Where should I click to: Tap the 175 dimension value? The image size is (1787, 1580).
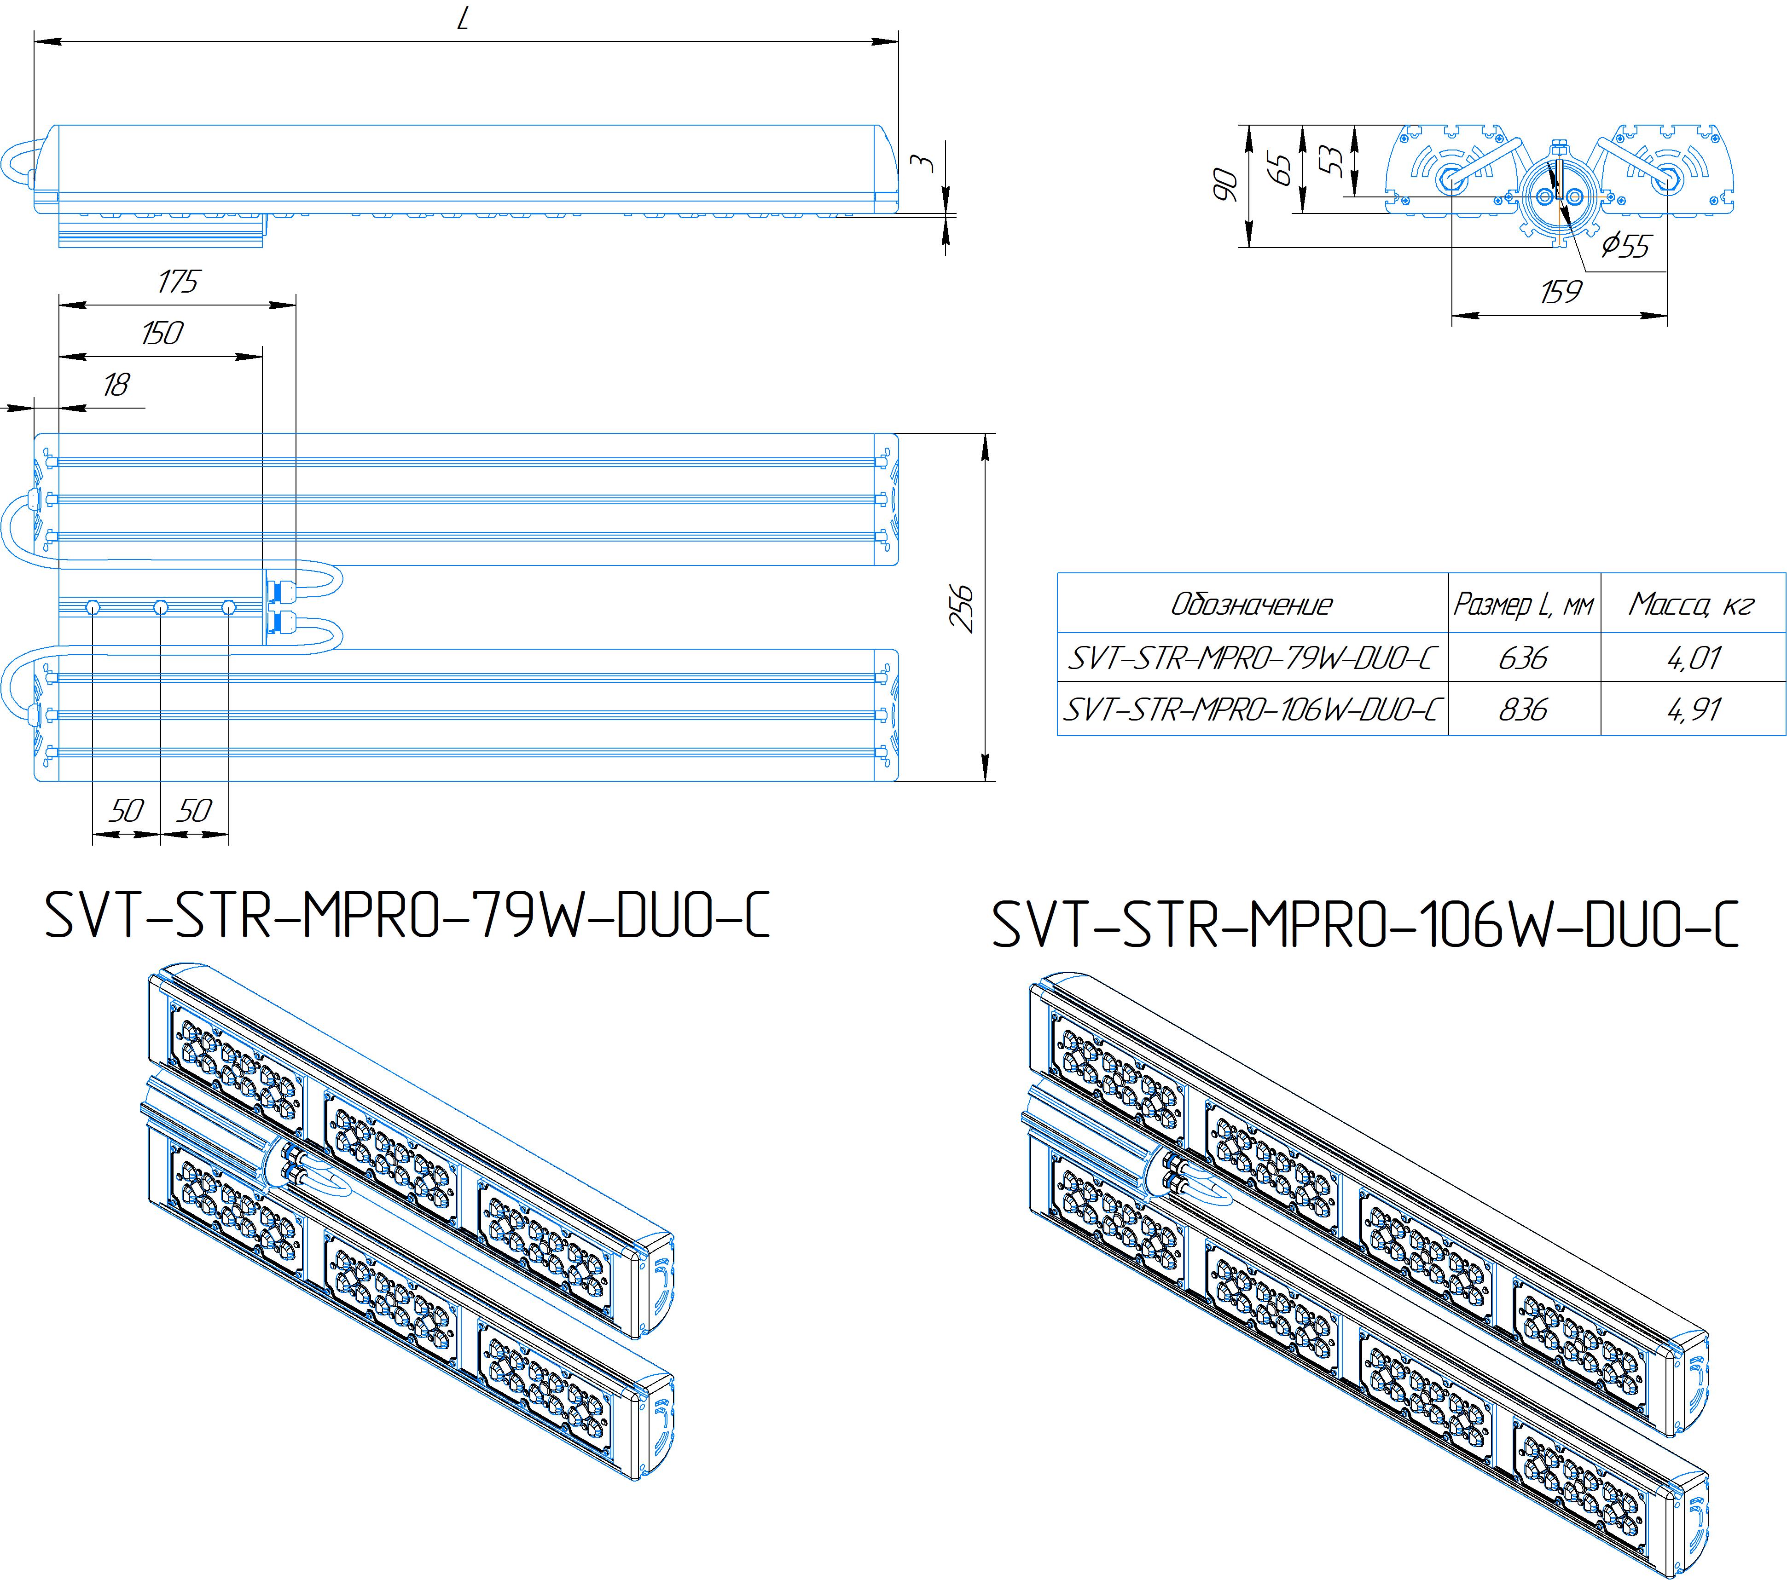[x=178, y=282]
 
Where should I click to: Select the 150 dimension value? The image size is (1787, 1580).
[x=162, y=333]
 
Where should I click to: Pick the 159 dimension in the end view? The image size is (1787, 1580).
[x=1561, y=292]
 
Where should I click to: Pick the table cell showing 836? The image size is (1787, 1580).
[x=1523, y=709]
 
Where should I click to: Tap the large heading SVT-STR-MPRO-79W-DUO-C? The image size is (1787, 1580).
[x=407, y=916]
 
